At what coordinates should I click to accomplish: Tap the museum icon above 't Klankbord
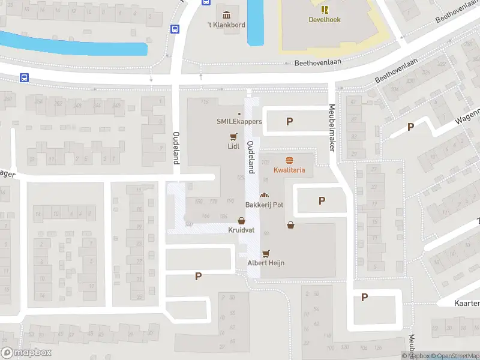click(x=226, y=15)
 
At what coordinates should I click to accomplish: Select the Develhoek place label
click(x=325, y=19)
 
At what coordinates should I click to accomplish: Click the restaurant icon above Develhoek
click(x=325, y=9)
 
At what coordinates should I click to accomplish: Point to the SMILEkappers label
click(x=239, y=121)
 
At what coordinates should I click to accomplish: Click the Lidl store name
click(x=233, y=146)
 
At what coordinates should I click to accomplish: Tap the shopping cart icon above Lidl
click(x=233, y=136)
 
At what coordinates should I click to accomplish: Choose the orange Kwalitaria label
click(x=289, y=170)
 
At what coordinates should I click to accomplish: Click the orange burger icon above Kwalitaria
click(x=289, y=160)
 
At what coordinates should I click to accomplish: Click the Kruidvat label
click(x=241, y=230)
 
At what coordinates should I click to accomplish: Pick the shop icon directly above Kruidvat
click(x=241, y=221)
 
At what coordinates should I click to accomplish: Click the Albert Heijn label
click(x=266, y=263)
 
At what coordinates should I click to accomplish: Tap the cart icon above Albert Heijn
click(x=266, y=253)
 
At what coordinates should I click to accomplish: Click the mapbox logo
click(x=26, y=353)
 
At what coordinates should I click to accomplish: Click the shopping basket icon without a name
click(x=291, y=225)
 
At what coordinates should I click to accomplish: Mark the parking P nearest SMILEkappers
click(x=289, y=121)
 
